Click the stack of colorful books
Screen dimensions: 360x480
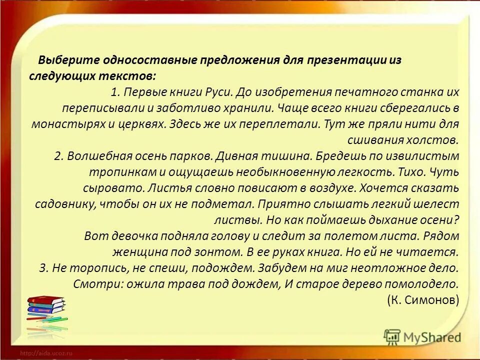tap(45, 312)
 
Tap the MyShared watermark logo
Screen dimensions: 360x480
tap(422, 337)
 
